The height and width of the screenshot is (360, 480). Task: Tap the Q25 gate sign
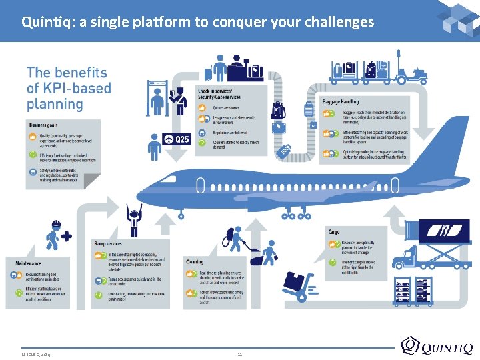click(x=177, y=139)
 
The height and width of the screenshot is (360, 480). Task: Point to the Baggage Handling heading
click(x=340, y=101)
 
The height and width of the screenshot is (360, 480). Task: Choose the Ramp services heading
click(x=108, y=244)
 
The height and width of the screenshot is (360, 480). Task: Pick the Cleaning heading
click(x=195, y=262)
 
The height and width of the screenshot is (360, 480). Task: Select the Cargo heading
click(x=333, y=232)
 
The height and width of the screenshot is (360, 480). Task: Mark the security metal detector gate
click(x=157, y=100)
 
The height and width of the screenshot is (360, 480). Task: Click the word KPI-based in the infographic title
click(x=69, y=88)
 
